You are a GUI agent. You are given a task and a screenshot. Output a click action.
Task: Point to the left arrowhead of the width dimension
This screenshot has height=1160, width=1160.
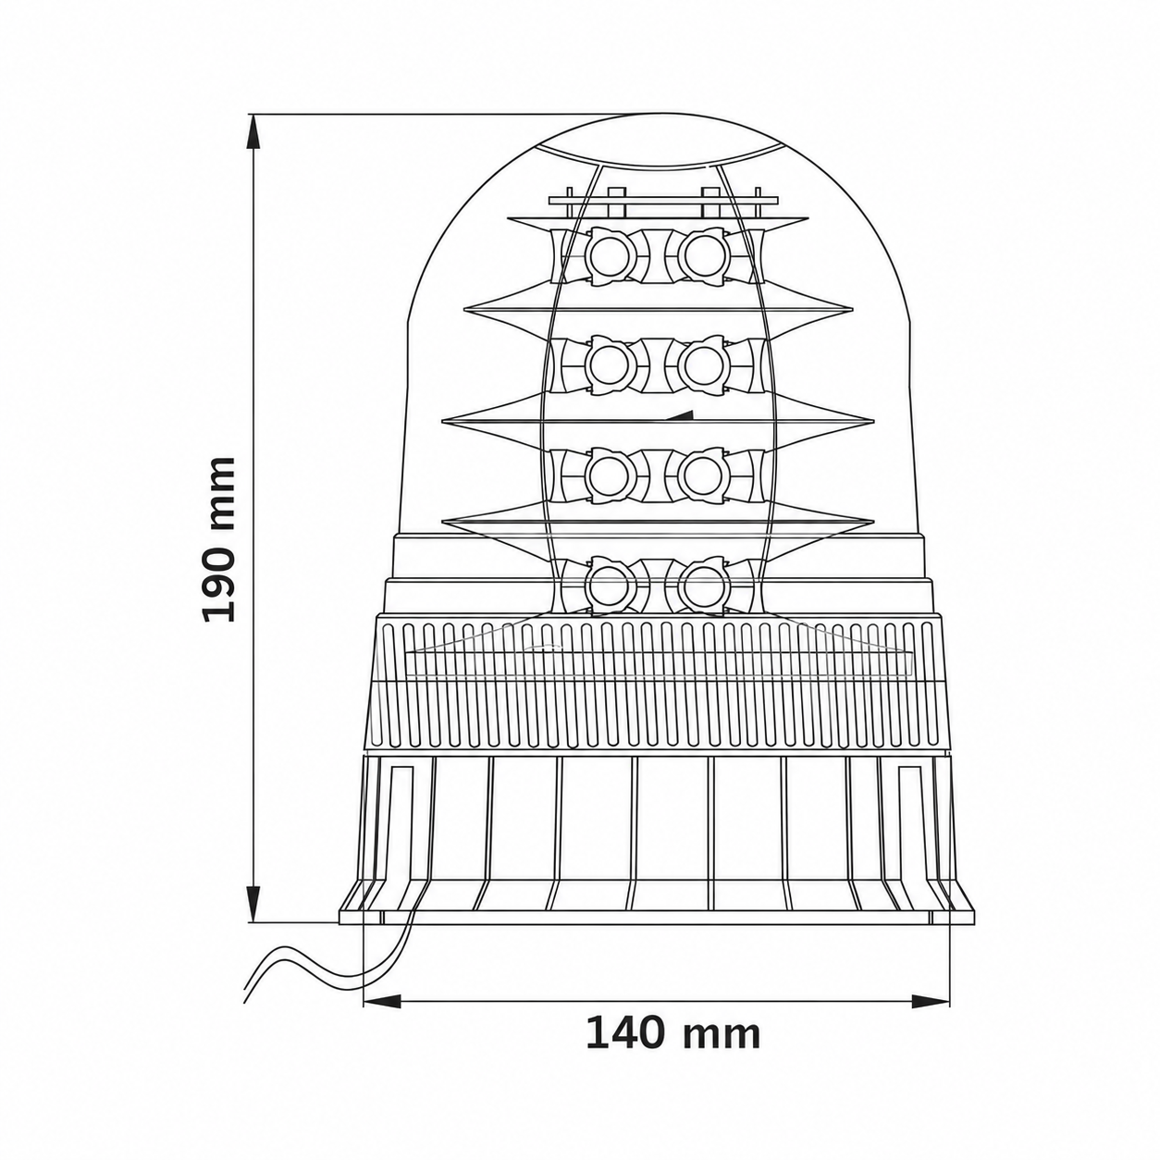pyautogui.click(x=382, y=951)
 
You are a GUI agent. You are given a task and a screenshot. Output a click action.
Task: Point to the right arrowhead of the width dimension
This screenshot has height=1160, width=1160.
pyautogui.click(x=931, y=951)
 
